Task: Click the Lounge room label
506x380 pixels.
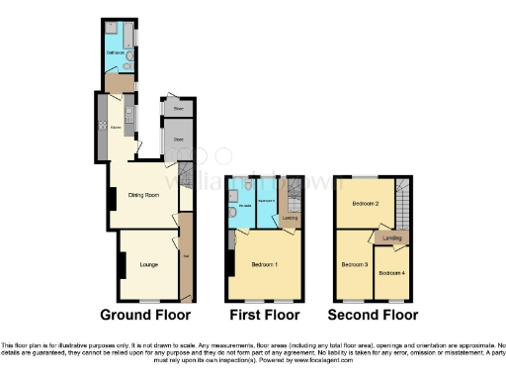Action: (149, 264)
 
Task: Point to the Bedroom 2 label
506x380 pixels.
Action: (365, 204)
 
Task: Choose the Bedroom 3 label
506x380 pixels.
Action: (355, 264)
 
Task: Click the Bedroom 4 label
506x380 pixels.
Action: (392, 272)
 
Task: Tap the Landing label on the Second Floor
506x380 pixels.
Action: (392, 238)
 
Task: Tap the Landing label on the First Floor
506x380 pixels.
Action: (290, 218)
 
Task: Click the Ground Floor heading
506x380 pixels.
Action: (145, 315)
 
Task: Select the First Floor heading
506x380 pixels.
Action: (264, 315)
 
